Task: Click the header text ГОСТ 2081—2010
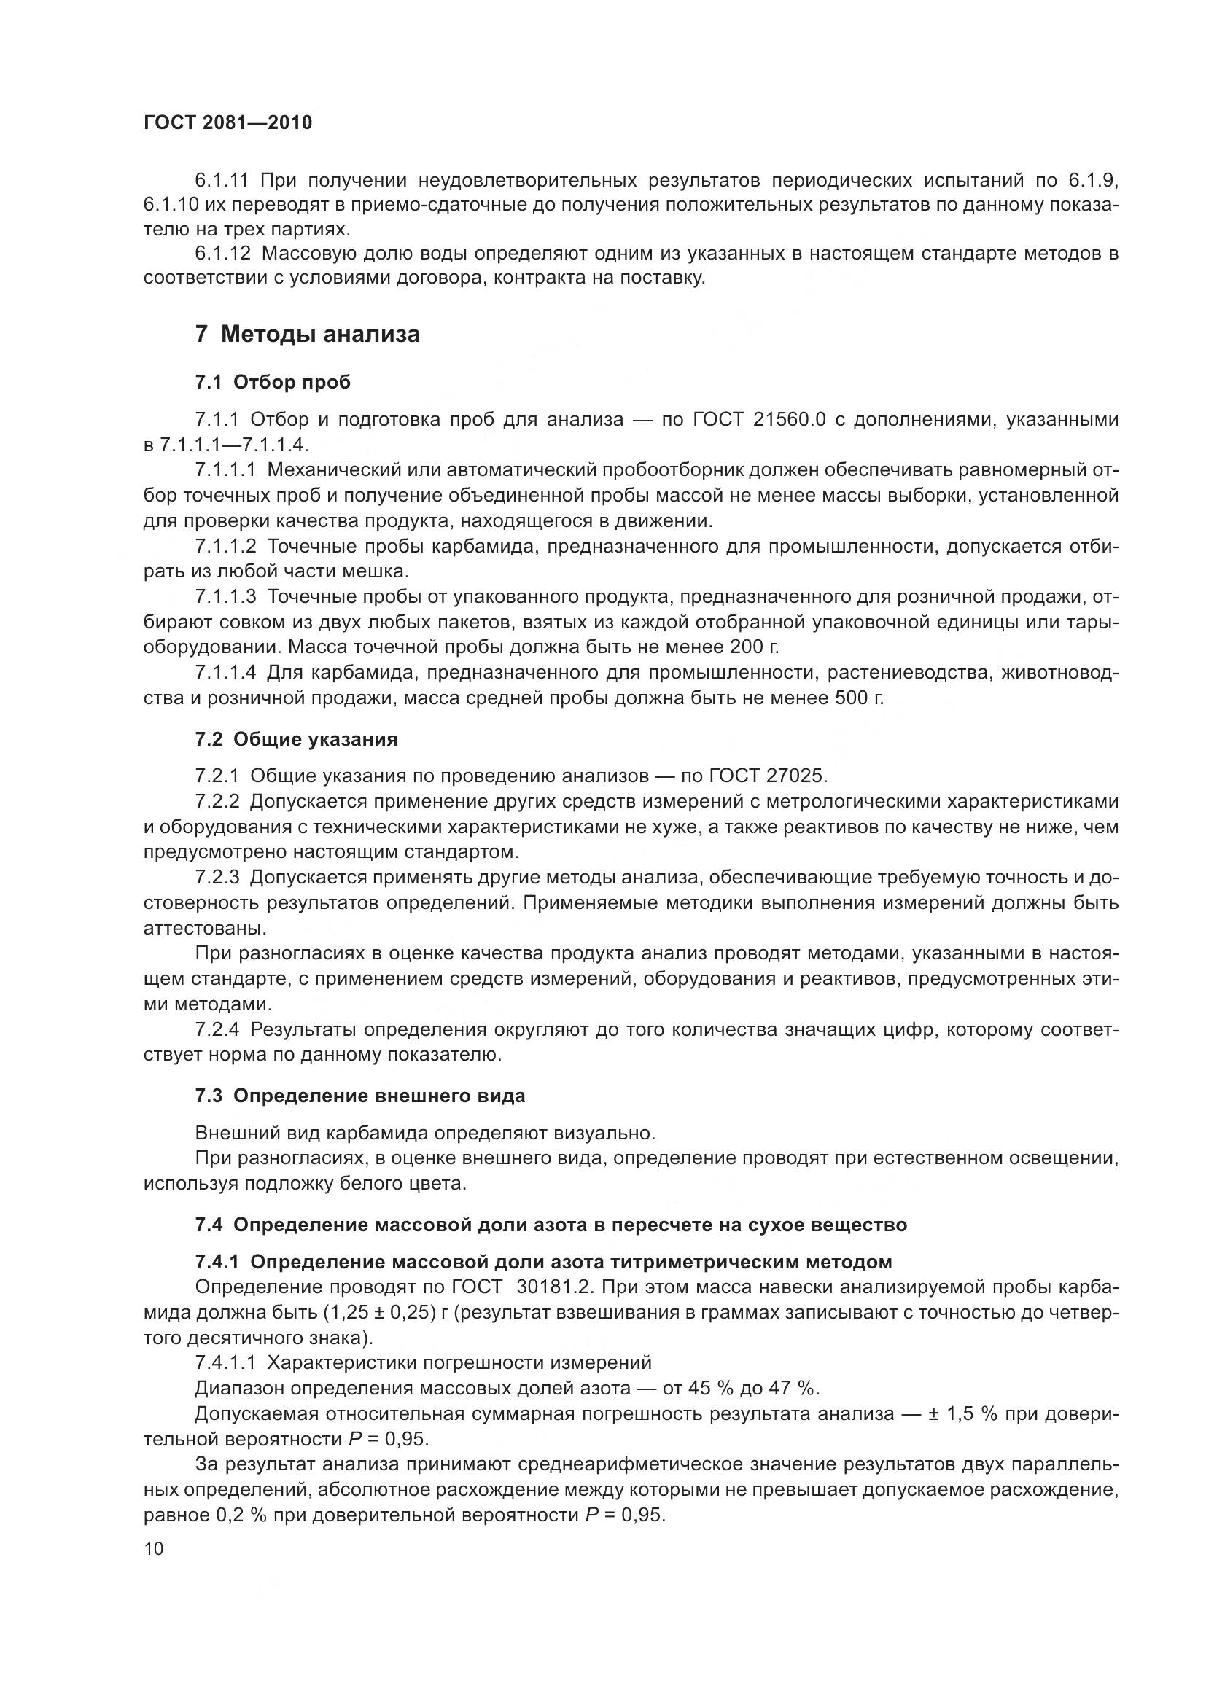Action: [227, 123]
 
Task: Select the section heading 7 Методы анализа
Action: [308, 335]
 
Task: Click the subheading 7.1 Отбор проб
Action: [273, 383]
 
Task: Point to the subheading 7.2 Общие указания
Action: [296, 740]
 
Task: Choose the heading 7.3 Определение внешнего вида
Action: [360, 1096]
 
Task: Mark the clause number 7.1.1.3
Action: [226, 597]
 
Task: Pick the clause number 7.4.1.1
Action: [226, 1362]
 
